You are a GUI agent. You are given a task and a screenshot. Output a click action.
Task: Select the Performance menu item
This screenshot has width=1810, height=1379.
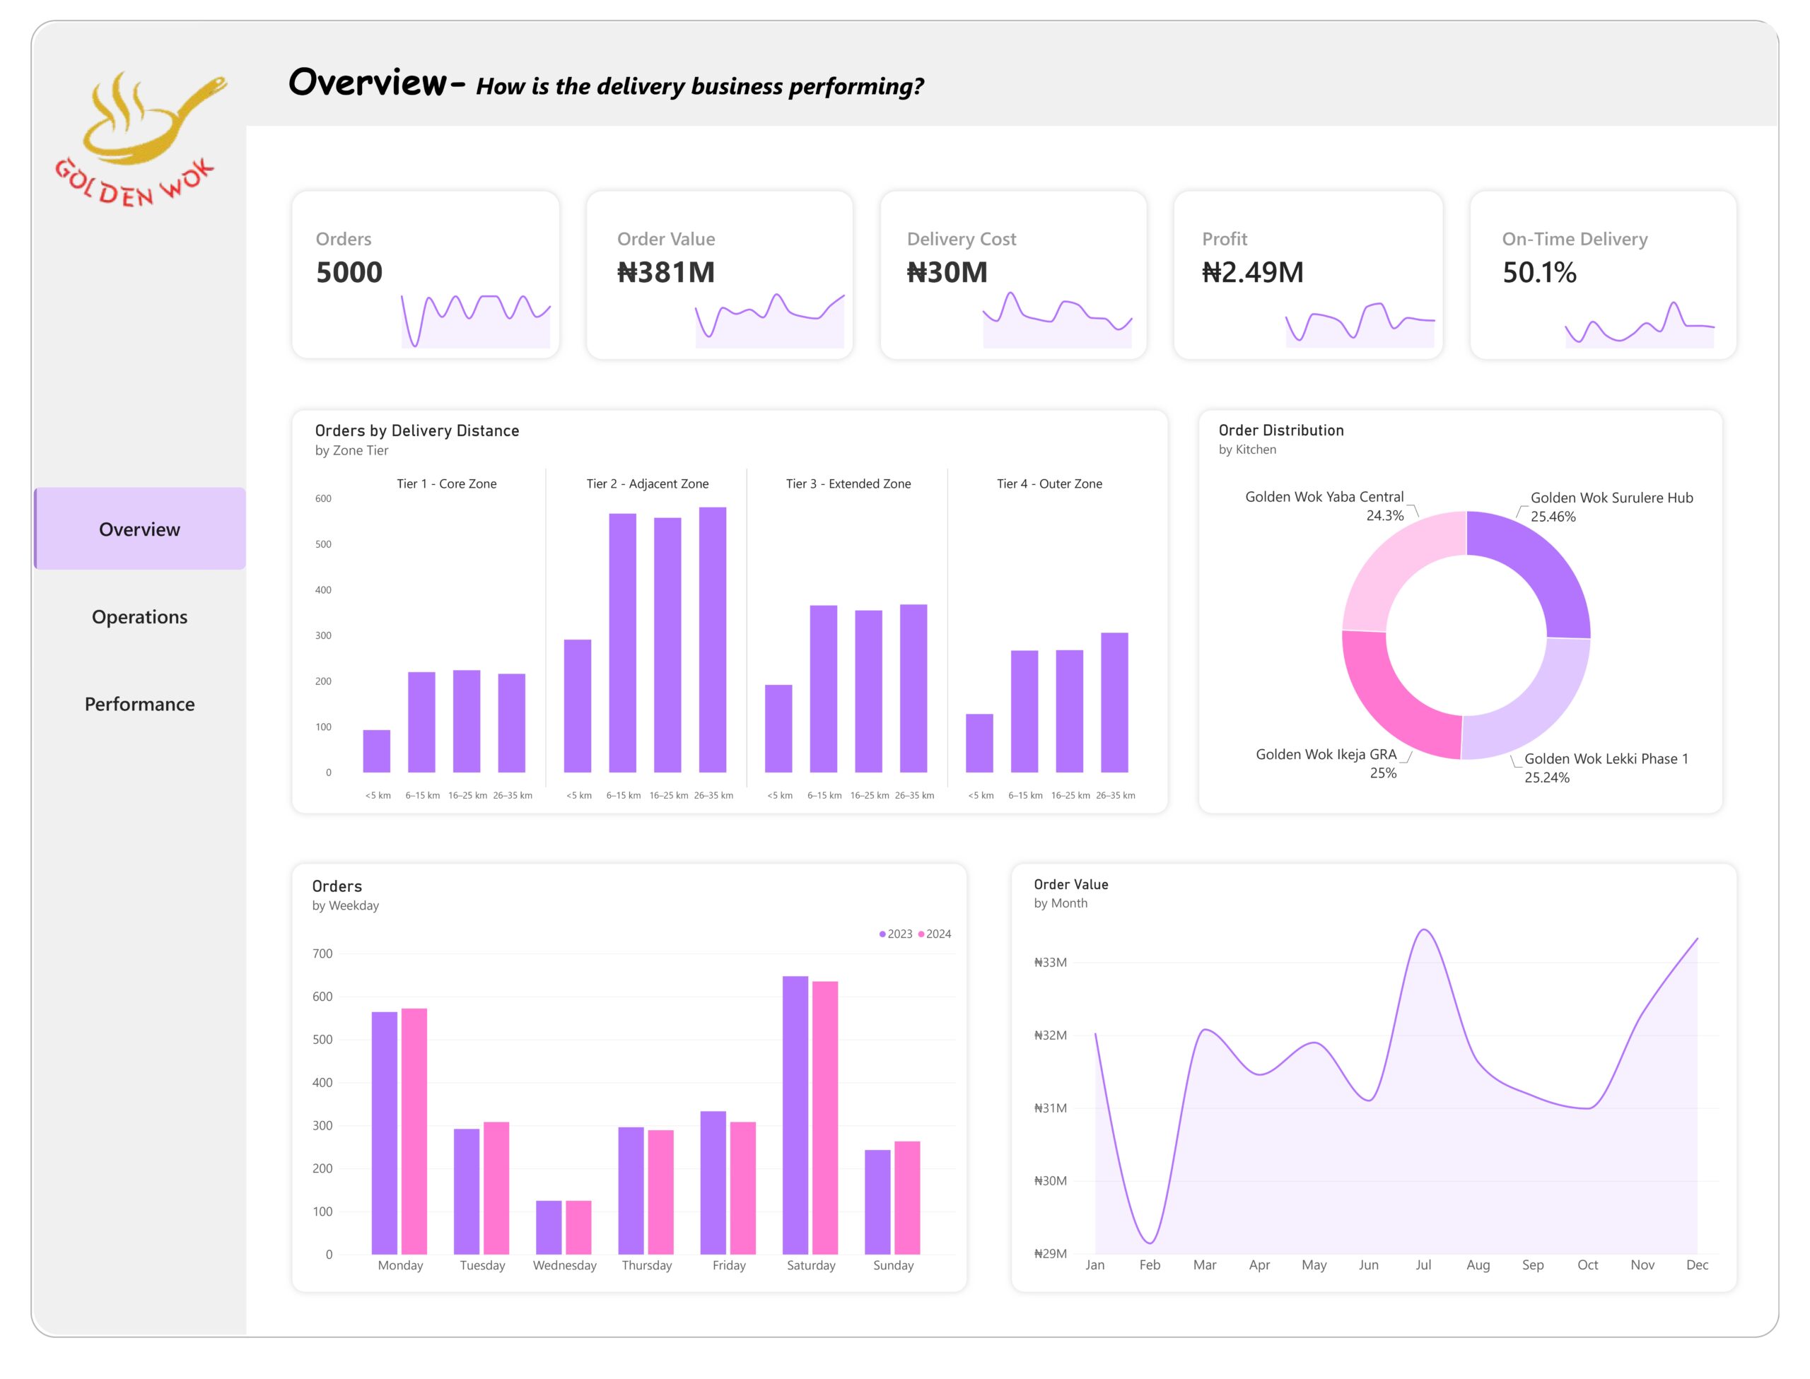click(139, 703)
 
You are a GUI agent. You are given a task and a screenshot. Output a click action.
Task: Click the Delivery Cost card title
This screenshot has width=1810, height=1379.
click(962, 239)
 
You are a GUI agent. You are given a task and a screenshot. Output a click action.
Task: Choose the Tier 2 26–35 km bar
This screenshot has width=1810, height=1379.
click(713, 640)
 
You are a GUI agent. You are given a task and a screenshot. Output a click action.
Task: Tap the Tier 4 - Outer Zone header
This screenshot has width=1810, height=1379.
click(1049, 483)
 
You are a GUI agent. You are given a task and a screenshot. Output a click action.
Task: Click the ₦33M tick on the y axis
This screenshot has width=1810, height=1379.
click(1050, 962)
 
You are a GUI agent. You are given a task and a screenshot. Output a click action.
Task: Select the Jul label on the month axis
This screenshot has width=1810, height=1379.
click(1423, 1265)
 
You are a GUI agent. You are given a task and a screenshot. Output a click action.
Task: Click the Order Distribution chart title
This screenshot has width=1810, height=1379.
click(1280, 430)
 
